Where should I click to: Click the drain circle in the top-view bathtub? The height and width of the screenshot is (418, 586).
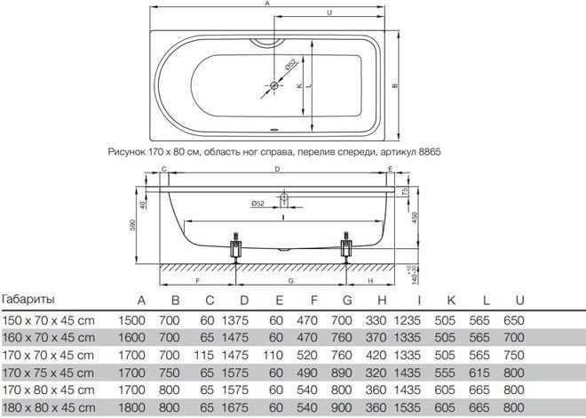(274, 85)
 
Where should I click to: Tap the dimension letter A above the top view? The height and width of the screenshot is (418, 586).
(267, 4)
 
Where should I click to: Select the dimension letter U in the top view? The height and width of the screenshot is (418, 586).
(329, 12)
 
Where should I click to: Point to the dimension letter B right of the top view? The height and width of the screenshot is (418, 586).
(394, 85)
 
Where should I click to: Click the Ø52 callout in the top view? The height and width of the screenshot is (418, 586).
(290, 65)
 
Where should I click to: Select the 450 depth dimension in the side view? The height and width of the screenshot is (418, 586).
(415, 218)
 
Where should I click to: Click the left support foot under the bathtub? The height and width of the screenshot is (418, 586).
(235, 247)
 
